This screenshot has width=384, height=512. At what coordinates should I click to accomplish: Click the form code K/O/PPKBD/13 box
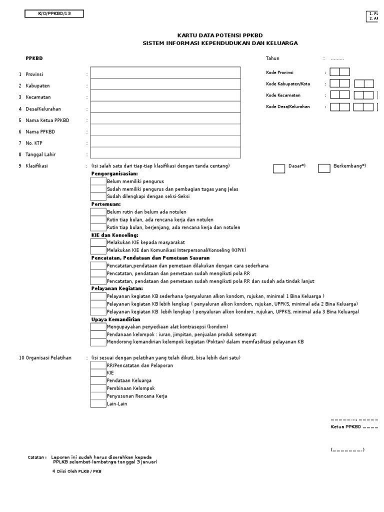click(x=54, y=14)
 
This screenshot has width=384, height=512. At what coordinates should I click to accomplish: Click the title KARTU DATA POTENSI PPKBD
click(x=220, y=35)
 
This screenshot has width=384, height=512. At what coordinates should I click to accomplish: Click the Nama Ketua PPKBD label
click(x=47, y=120)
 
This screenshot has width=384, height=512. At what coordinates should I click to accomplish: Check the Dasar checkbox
click(x=279, y=168)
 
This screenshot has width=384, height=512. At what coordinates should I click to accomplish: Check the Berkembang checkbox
click(x=324, y=168)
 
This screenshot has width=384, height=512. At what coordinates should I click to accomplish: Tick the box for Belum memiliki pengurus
click(x=98, y=181)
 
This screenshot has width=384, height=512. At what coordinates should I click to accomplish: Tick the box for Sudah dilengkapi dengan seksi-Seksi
click(x=98, y=197)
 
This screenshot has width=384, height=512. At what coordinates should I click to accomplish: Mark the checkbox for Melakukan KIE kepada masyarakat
click(x=98, y=242)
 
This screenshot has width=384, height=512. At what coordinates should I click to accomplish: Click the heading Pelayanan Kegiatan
click(x=117, y=288)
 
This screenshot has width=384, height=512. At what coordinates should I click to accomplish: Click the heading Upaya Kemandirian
click(x=115, y=319)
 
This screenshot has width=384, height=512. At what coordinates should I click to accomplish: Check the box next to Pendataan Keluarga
click(x=98, y=380)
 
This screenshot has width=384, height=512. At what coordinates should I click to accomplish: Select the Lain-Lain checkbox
click(x=98, y=403)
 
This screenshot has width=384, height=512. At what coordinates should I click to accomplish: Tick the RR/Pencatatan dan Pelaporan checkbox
click(x=98, y=365)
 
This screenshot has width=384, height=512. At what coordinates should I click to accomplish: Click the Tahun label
click(x=272, y=58)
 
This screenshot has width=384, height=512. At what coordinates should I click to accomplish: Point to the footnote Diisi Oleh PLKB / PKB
click(x=76, y=471)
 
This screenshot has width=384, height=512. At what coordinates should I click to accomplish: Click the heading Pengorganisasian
click(x=114, y=173)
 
